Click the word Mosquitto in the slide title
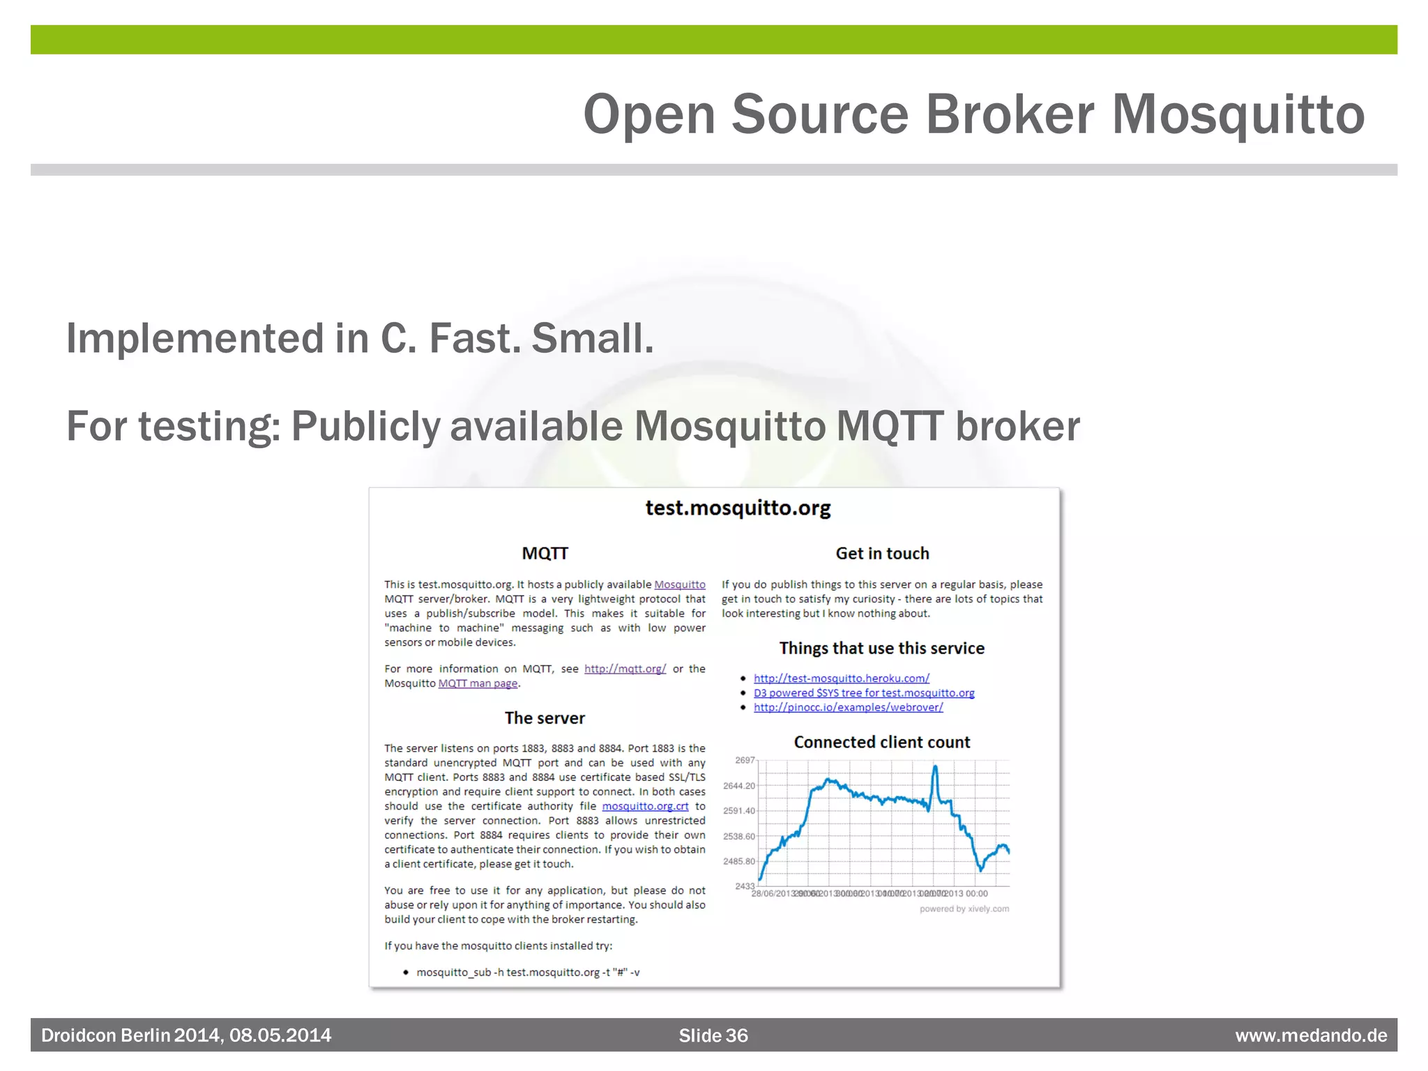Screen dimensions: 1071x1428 pyautogui.click(x=1238, y=115)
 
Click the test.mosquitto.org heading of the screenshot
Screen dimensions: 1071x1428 pyautogui.click(x=738, y=508)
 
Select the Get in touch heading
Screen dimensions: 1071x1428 pyautogui.click(x=882, y=554)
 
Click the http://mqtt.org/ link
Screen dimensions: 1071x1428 pyautogui.click(x=625, y=669)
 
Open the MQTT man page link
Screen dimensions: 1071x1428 pyautogui.click(x=478, y=683)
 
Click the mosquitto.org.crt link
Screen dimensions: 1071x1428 pyautogui.click(x=645, y=806)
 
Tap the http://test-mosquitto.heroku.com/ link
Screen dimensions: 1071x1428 pyautogui.click(x=841, y=678)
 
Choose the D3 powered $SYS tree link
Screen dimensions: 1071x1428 pyautogui.click(x=863, y=693)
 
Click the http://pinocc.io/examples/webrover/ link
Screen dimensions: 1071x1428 pyautogui.click(x=848, y=708)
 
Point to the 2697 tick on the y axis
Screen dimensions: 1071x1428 pyautogui.click(x=745, y=760)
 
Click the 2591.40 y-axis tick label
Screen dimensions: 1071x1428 pyautogui.click(x=739, y=811)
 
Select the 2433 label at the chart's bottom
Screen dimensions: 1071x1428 pyautogui.click(x=744, y=886)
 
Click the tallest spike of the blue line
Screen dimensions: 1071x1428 pyautogui.click(x=935, y=767)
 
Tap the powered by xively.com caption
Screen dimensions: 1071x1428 pyautogui.click(x=964, y=909)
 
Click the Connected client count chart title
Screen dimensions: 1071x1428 pyautogui.click(x=881, y=743)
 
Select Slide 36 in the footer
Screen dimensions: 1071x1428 pyautogui.click(x=713, y=1035)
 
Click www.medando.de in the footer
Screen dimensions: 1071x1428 pyautogui.click(x=1310, y=1035)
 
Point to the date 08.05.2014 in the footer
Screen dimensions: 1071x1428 pyautogui.click(x=280, y=1035)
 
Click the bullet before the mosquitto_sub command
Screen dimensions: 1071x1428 pyautogui.click(x=406, y=972)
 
